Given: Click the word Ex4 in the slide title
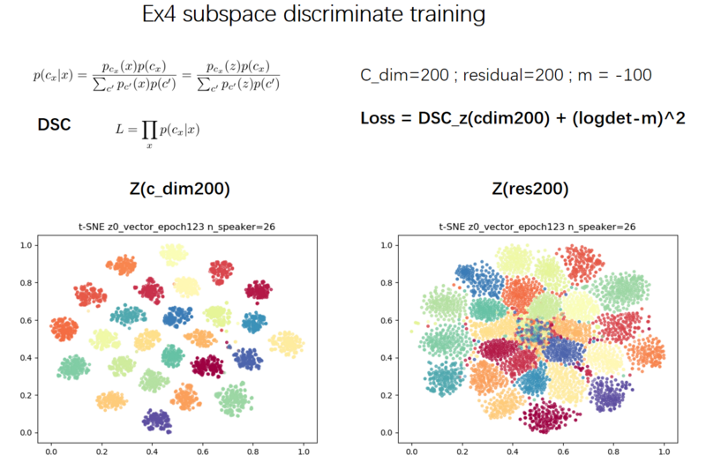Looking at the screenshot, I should (163, 17).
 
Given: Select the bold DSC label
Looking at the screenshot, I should (56, 125).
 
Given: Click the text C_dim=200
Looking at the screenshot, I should (403, 76).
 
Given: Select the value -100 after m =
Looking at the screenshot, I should (634, 76).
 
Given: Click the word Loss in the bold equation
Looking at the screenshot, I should (382, 118).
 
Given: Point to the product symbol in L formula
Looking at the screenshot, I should (146, 130).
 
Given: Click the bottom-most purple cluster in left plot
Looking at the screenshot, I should (157, 420).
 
